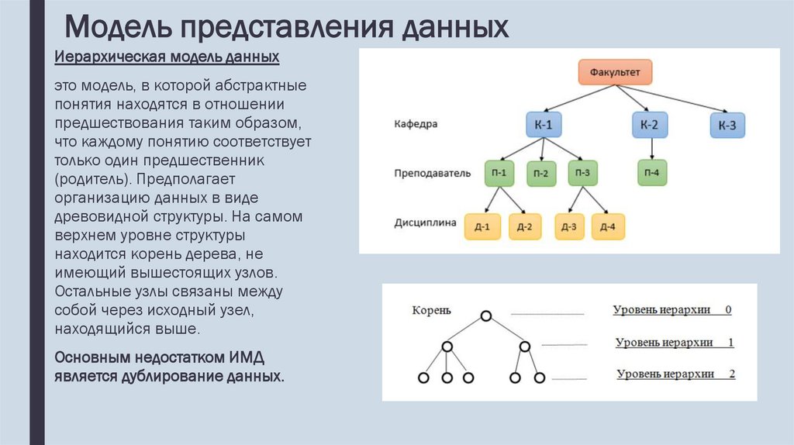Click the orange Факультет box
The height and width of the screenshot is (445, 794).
click(615, 72)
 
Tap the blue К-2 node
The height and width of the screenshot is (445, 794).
click(650, 125)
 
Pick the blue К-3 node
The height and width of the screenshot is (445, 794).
click(727, 126)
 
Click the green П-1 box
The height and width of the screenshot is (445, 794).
click(500, 173)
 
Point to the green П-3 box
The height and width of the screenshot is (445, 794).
click(583, 173)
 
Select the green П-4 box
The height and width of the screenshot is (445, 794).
click(652, 173)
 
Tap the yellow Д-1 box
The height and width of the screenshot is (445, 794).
click(482, 226)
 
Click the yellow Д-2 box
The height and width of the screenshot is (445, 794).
click(525, 226)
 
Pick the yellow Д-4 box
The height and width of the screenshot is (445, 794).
click(608, 226)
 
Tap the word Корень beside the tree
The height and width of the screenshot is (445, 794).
click(430, 311)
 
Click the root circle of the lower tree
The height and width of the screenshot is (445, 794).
click(486, 316)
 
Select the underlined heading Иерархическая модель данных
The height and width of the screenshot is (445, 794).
click(167, 58)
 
